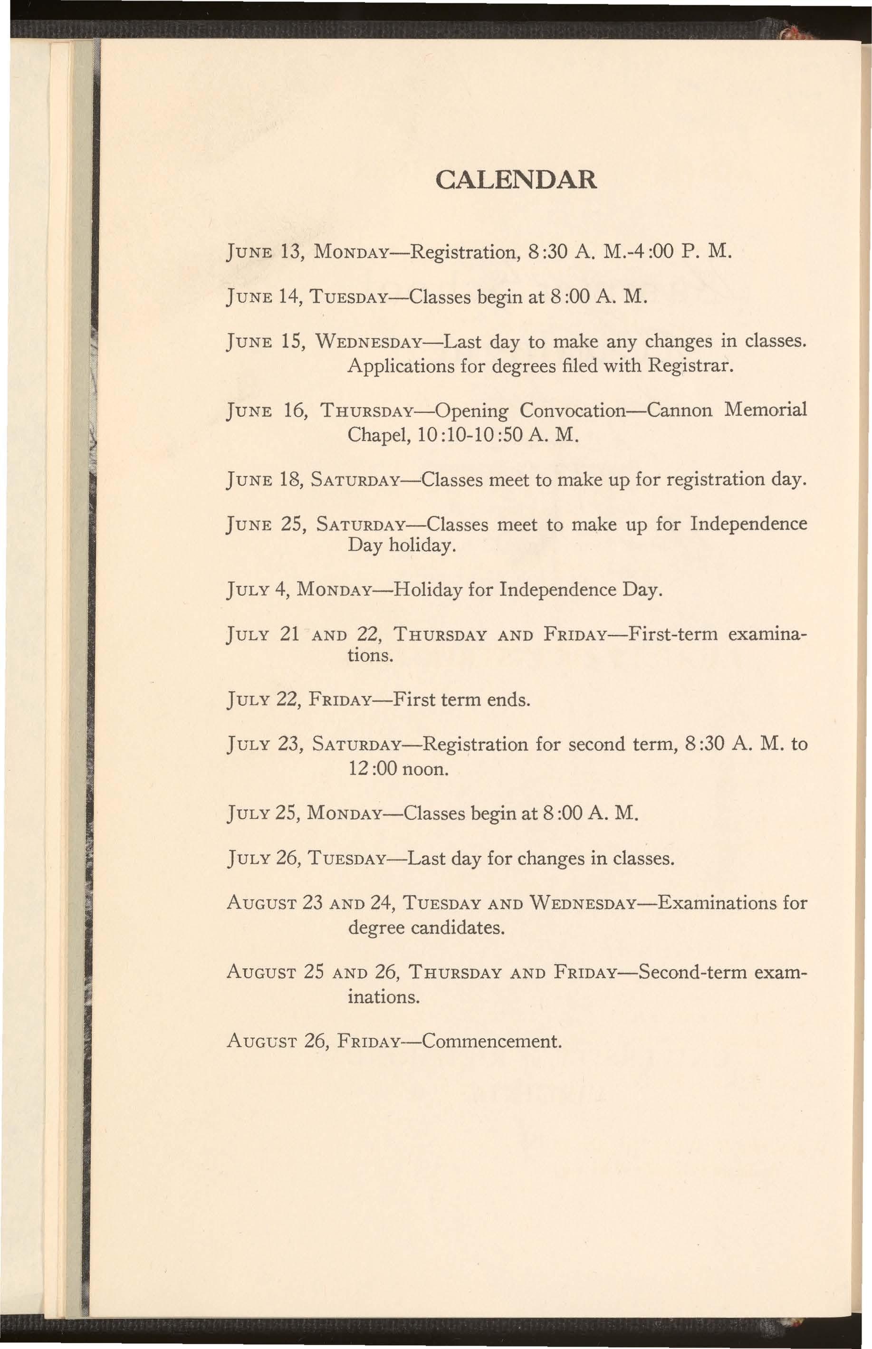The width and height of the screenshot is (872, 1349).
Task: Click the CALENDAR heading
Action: pos(517,180)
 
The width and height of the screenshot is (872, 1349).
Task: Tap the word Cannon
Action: pos(680,409)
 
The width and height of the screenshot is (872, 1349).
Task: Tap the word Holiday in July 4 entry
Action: pos(429,589)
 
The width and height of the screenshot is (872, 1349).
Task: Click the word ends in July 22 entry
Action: pos(508,700)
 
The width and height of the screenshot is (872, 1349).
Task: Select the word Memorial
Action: pos(766,409)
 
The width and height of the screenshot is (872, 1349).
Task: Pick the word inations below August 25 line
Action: pos(383,996)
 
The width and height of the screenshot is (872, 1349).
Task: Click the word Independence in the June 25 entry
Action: pos(748,523)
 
